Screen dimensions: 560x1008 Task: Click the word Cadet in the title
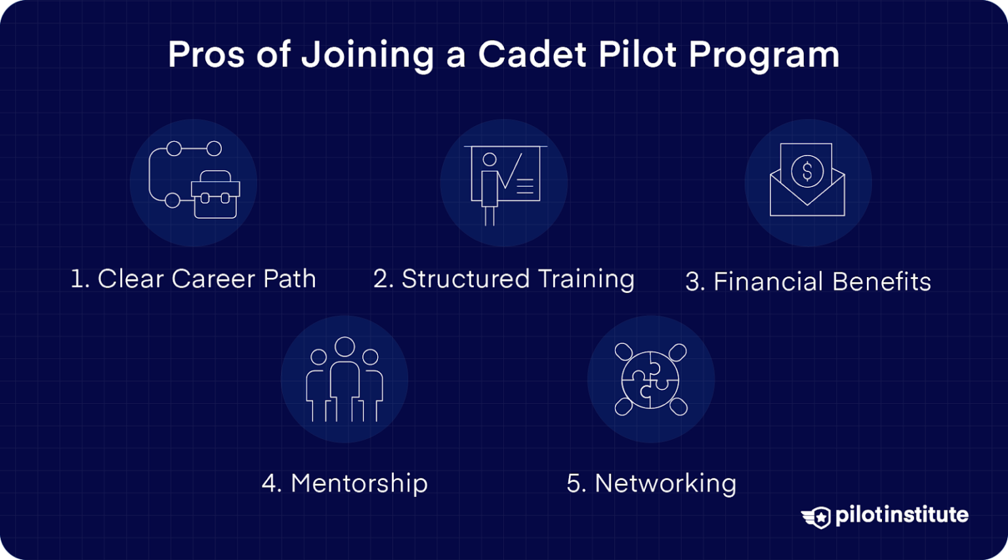(x=532, y=54)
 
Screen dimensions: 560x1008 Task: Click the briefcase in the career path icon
(x=215, y=195)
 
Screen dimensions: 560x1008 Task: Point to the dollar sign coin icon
(x=807, y=171)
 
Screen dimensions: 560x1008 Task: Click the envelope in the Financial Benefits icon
(x=807, y=197)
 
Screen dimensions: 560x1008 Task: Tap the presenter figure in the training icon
(x=489, y=187)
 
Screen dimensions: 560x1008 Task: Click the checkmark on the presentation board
(x=511, y=173)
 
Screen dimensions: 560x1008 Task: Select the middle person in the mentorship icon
(x=345, y=377)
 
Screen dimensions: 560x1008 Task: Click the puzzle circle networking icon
(x=650, y=379)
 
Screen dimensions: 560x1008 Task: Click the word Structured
(x=465, y=279)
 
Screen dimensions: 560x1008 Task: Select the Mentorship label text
(x=359, y=484)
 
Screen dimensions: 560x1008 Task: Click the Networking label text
(x=665, y=484)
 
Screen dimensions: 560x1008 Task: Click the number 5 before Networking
(x=574, y=484)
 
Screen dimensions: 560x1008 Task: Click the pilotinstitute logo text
(x=901, y=515)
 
